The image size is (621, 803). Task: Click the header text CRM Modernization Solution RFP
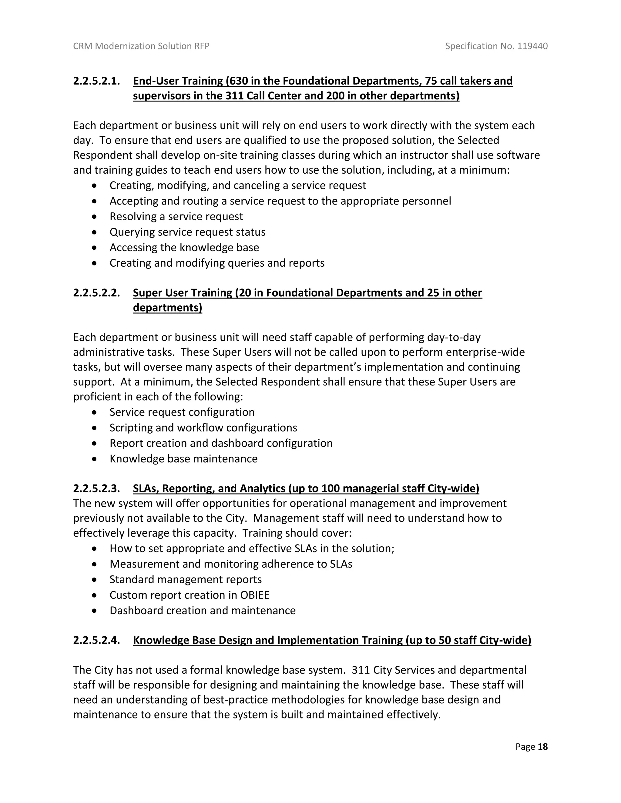point(141,46)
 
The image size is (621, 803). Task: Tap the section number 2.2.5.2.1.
point(96,81)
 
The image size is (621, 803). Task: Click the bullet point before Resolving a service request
point(95,217)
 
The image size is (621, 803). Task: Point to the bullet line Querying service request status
point(187,232)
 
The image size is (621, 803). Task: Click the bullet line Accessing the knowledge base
point(184,248)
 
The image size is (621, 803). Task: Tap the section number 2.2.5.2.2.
point(96,293)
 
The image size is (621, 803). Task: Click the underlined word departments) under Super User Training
point(167,308)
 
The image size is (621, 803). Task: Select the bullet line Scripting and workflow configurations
point(203,428)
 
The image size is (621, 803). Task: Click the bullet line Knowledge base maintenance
point(183,459)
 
